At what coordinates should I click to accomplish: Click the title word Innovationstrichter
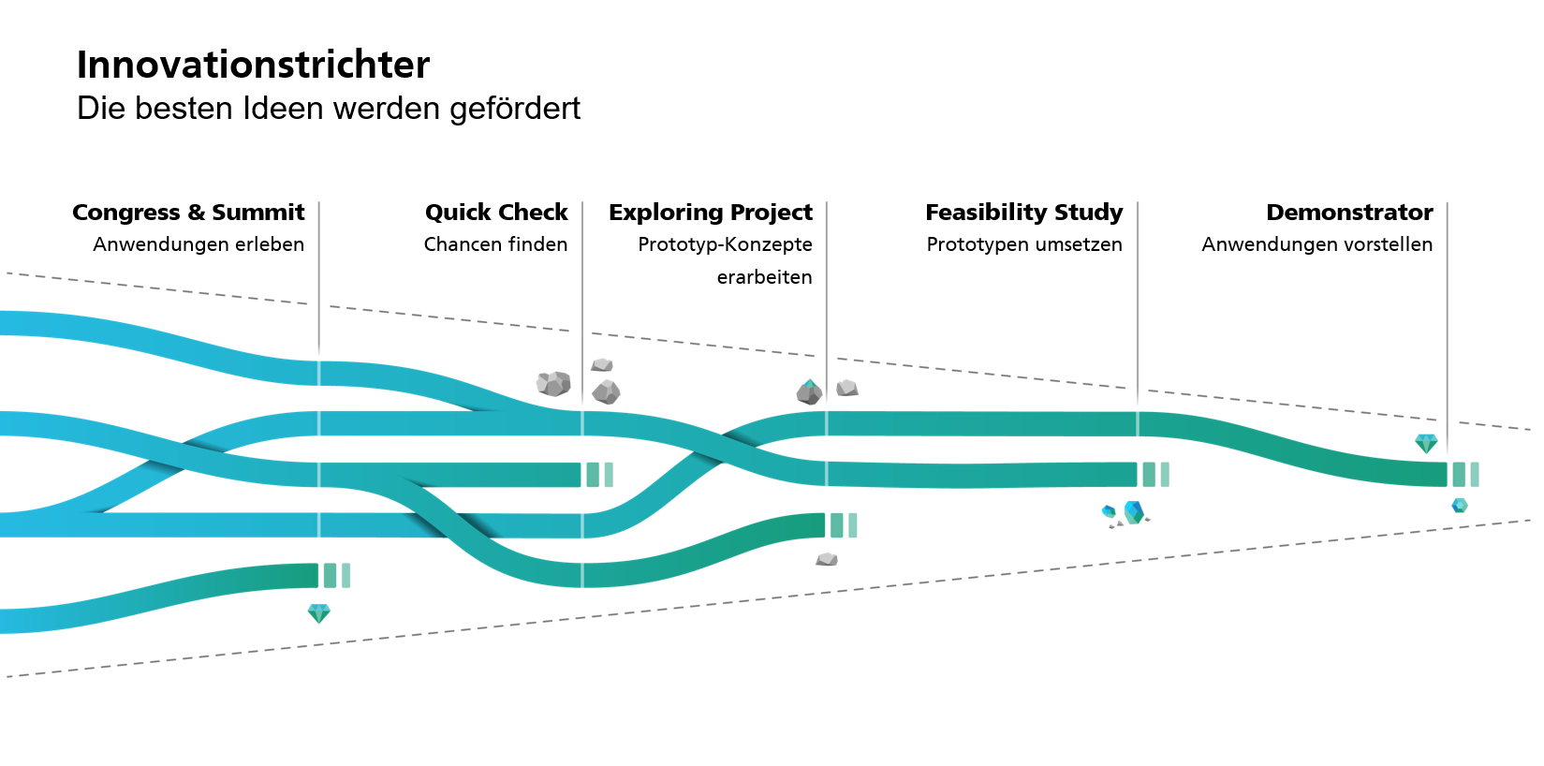click(253, 66)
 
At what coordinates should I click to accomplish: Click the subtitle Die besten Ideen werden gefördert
click(328, 109)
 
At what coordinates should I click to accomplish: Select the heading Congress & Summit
click(188, 213)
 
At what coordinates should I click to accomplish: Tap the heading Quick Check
click(496, 213)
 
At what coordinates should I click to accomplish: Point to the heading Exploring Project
click(711, 213)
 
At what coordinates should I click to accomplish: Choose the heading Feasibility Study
click(1023, 213)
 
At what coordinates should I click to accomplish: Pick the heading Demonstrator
click(1349, 213)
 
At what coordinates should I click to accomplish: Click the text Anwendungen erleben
click(199, 244)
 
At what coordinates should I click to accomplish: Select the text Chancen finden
click(495, 244)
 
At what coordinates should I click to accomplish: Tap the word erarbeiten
click(764, 277)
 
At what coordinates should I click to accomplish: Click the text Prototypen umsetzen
click(1023, 244)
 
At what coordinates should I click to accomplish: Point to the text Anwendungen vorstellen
click(1316, 244)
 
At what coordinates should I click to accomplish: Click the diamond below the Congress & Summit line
click(319, 613)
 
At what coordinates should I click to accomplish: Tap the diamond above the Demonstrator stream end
click(1426, 443)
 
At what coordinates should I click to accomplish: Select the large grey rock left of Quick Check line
click(553, 383)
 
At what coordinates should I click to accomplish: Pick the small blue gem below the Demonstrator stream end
click(1460, 506)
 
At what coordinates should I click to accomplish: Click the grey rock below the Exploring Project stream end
click(827, 559)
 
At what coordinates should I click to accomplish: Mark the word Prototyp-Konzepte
click(725, 244)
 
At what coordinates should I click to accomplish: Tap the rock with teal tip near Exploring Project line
click(809, 391)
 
